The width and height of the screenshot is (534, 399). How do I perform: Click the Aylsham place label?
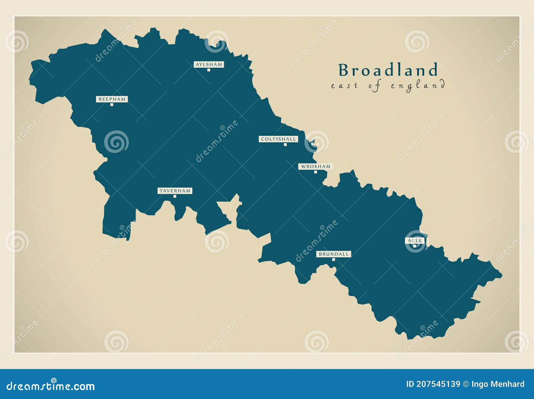point(209,65)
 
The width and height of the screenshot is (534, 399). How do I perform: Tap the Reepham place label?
point(112,99)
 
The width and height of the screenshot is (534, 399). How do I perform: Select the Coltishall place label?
point(278,139)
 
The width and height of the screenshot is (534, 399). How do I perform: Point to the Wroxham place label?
point(315,167)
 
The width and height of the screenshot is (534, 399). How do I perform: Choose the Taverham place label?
point(175,191)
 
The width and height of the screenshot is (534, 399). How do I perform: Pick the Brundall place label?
point(333,254)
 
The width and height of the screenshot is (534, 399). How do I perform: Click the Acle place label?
point(415,241)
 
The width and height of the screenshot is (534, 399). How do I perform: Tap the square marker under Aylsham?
point(209,70)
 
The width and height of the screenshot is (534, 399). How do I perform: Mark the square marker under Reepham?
point(112,105)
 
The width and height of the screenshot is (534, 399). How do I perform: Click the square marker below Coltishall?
point(285,145)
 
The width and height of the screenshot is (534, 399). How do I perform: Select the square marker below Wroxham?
point(315,172)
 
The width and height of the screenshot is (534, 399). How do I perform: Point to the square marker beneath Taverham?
point(175,196)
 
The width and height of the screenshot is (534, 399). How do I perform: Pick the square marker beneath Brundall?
point(333,260)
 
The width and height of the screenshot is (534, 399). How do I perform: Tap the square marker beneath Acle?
point(415,246)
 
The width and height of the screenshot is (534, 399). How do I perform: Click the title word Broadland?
point(388,70)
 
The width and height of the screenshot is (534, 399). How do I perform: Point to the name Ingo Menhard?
point(498,384)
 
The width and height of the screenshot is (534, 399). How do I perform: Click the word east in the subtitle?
point(344,86)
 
